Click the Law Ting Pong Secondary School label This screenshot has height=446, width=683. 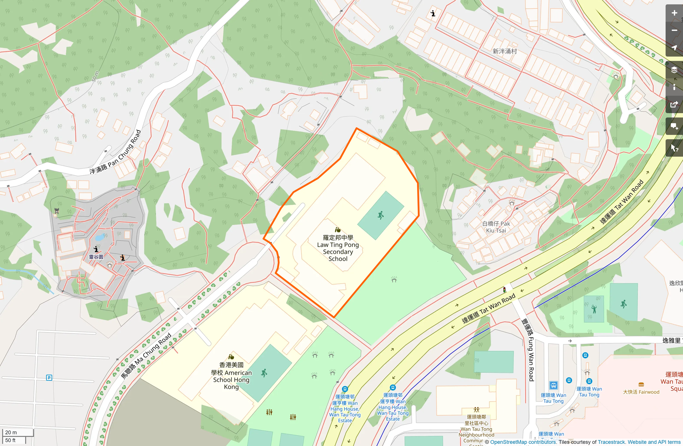pos(338,248)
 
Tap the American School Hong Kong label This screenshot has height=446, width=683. pos(231,376)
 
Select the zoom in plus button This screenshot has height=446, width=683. pos(674,13)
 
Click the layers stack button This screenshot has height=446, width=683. pos(674,70)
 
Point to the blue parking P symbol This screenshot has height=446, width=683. pos(49,378)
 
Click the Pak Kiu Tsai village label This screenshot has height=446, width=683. pos(496,227)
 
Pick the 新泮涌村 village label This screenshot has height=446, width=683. pos(505,51)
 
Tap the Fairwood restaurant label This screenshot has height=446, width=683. pos(641,392)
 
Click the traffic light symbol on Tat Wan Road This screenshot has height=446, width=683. pos(504,289)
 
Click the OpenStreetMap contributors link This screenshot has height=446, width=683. pos(523,442)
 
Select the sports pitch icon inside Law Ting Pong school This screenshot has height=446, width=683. pos(381,215)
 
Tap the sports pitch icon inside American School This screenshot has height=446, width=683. pos(264,373)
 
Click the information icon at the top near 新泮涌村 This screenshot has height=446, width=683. pos(433,13)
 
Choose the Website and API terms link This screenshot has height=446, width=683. pos(654,442)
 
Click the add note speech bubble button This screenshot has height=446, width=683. pos(674,126)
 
